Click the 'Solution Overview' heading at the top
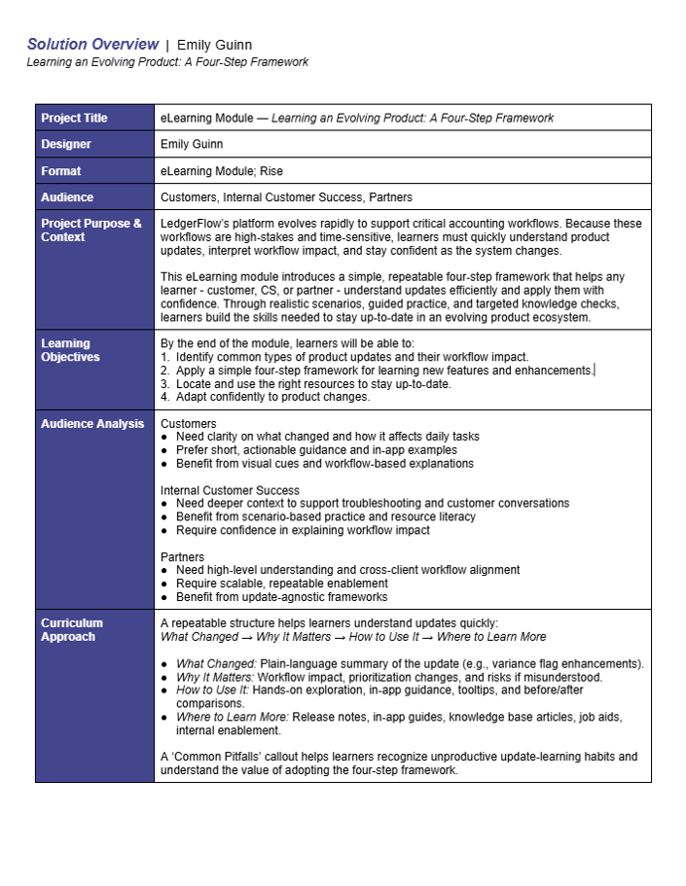(x=92, y=44)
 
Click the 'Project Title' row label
(x=74, y=118)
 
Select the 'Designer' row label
(x=66, y=144)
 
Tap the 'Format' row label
(x=61, y=171)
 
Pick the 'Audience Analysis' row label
(x=92, y=423)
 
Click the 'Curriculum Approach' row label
(x=72, y=629)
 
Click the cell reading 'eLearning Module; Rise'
(x=221, y=171)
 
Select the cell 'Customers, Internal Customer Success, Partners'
(x=286, y=197)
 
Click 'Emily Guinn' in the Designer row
(x=192, y=144)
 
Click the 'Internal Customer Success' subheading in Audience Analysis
(x=230, y=490)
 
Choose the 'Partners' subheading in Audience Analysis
(x=183, y=557)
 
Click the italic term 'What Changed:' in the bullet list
(x=216, y=664)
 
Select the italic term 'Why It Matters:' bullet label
(x=215, y=677)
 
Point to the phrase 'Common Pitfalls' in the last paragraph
(x=214, y=757)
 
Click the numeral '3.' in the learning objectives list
(x=165, y=384)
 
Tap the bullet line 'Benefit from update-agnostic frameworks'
(x=281, y=597)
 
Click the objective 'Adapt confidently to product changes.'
(x=272, y=397)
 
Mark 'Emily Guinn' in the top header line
(x=214, y=45)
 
